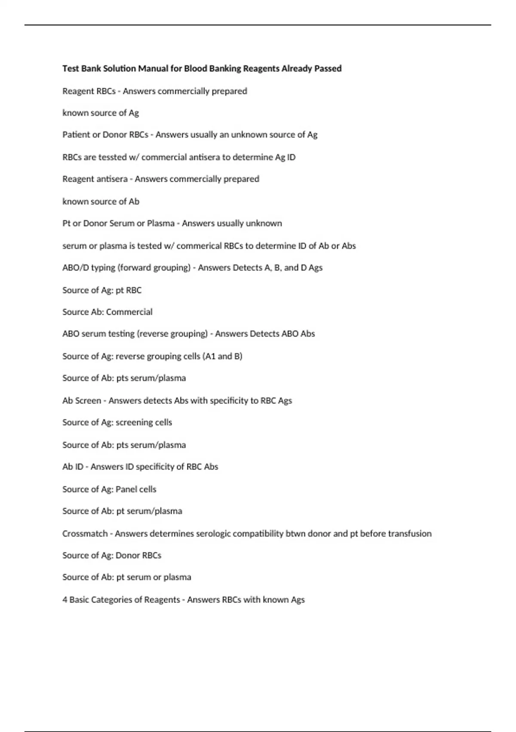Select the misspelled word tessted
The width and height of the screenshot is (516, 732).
[112, 157]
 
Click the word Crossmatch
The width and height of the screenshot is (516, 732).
[85, 533]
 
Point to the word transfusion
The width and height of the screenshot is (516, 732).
[410, 533]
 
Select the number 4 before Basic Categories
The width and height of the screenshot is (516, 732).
[64, 600]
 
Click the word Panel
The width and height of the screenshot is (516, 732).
[126, 489]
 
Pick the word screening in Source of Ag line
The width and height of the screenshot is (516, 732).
[134, 422]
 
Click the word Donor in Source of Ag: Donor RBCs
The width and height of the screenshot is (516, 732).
[127, 555]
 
